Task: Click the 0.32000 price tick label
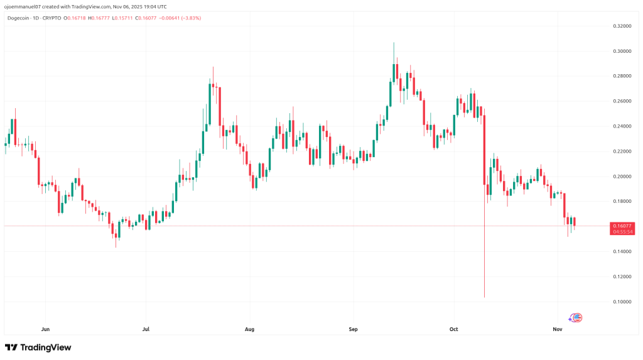pyautogui.click(x=622, y=26)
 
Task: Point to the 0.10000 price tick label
pyautogui.click(x=622, y=302)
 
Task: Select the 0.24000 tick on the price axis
pyautogui.click(x=622, y=126)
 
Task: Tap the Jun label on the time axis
pyautogui.click(x=45, y=329)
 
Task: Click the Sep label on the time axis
pyautogui.click(x=353, y=329)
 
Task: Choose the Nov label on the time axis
pyautogui.click(x=557, y=329)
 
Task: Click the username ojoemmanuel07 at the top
pyautogui.click(x=21, y=7)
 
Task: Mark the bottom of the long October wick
pyautogui.click(x=485, y=297)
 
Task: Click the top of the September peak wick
pyautogui.click(x=394, y=43)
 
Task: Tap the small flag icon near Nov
pyautogui.click(x=576, y=317)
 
